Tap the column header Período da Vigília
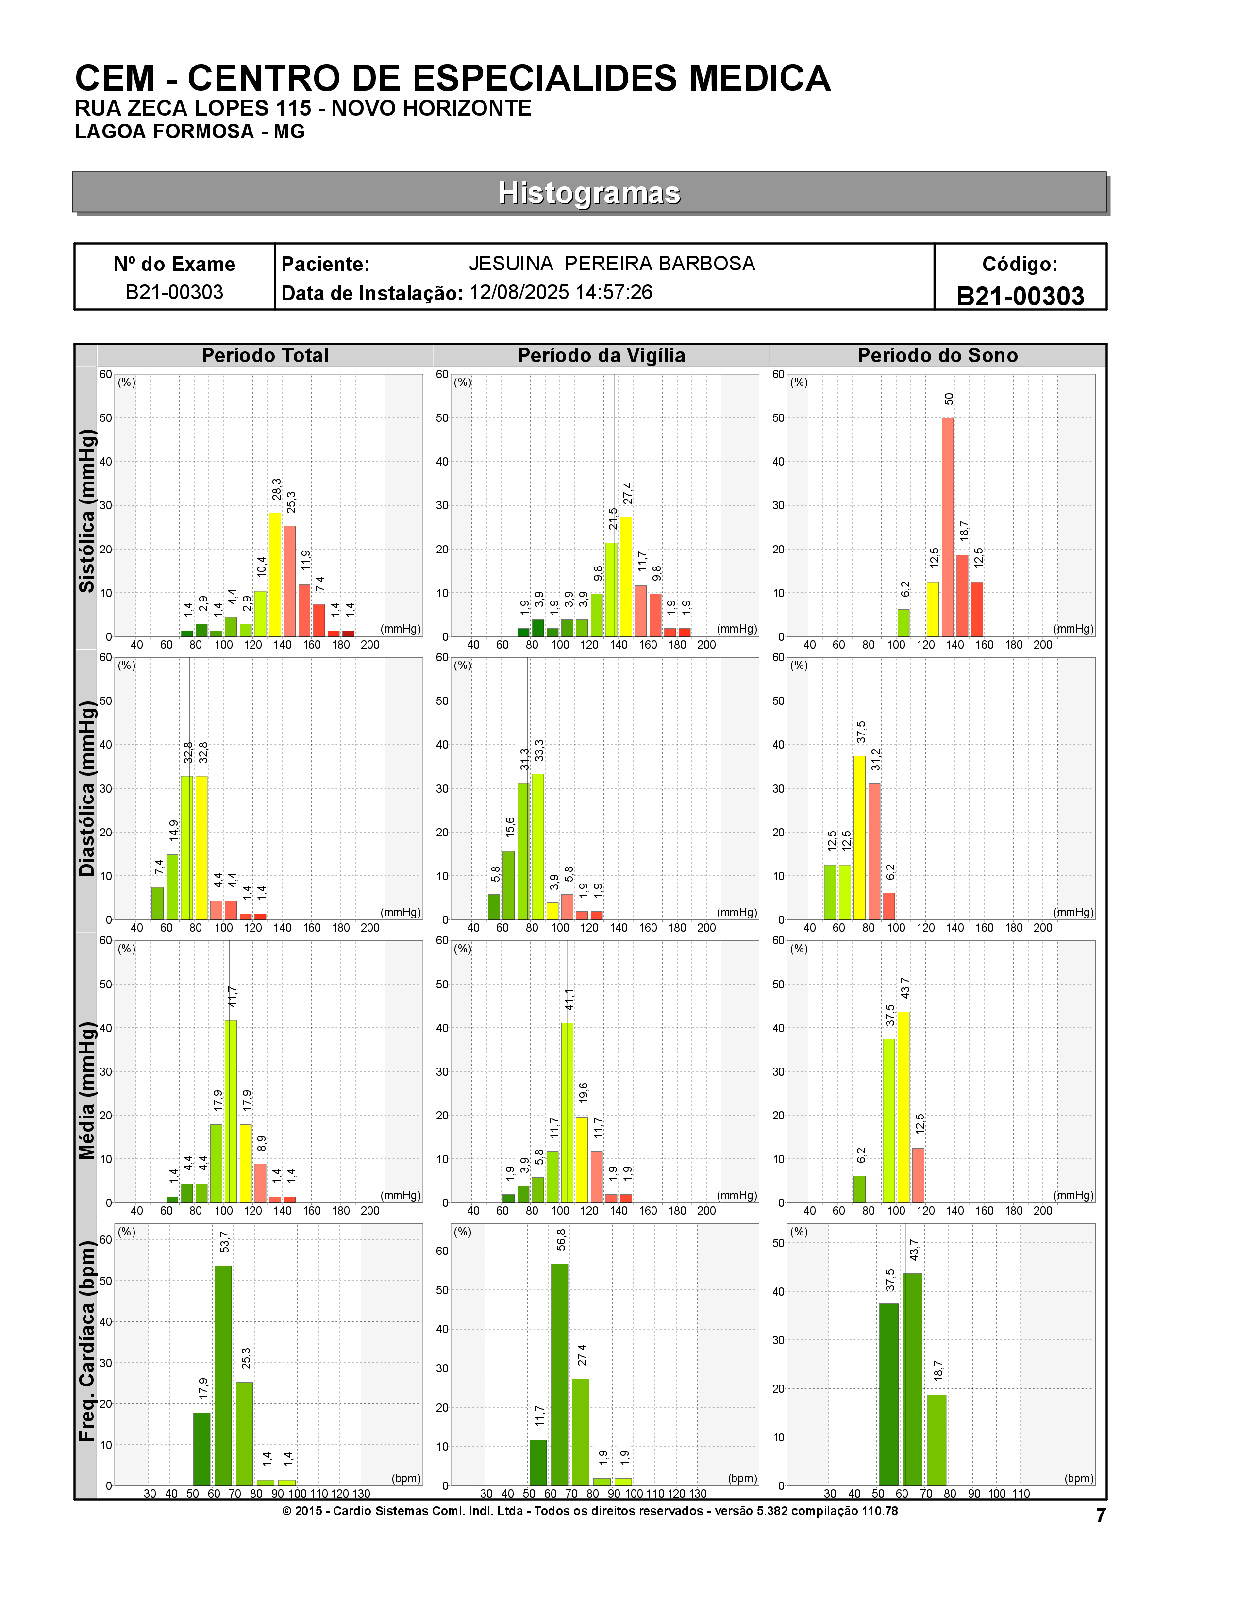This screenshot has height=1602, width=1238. pyautogui.click(x=602, y=356)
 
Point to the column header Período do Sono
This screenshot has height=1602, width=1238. pyautogui.click(x=937, y=356)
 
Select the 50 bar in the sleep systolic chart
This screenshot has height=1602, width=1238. pyautogui.click(x=948, y=527)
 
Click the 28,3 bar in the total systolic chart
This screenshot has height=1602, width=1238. pyautogui.click(x=275, y=574)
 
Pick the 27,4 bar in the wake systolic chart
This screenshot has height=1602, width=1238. pyautogui.click(x=626, y=577)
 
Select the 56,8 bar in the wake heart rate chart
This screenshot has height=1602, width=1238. pyautogui.click(x=560, y=1375)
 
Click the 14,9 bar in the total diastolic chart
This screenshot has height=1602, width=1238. pyautogui.click(x=172, y=887)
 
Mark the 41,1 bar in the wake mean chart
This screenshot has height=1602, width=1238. pyautogui.click(x=567, y=1113)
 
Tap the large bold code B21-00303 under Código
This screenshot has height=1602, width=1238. pyautogui.click(x=1020, y=296)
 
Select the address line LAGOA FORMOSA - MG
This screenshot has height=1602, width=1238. pyautogui.click(x=190, y=132)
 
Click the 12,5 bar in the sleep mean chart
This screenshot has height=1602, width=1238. pyautogui.click(x=918, y=1175)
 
